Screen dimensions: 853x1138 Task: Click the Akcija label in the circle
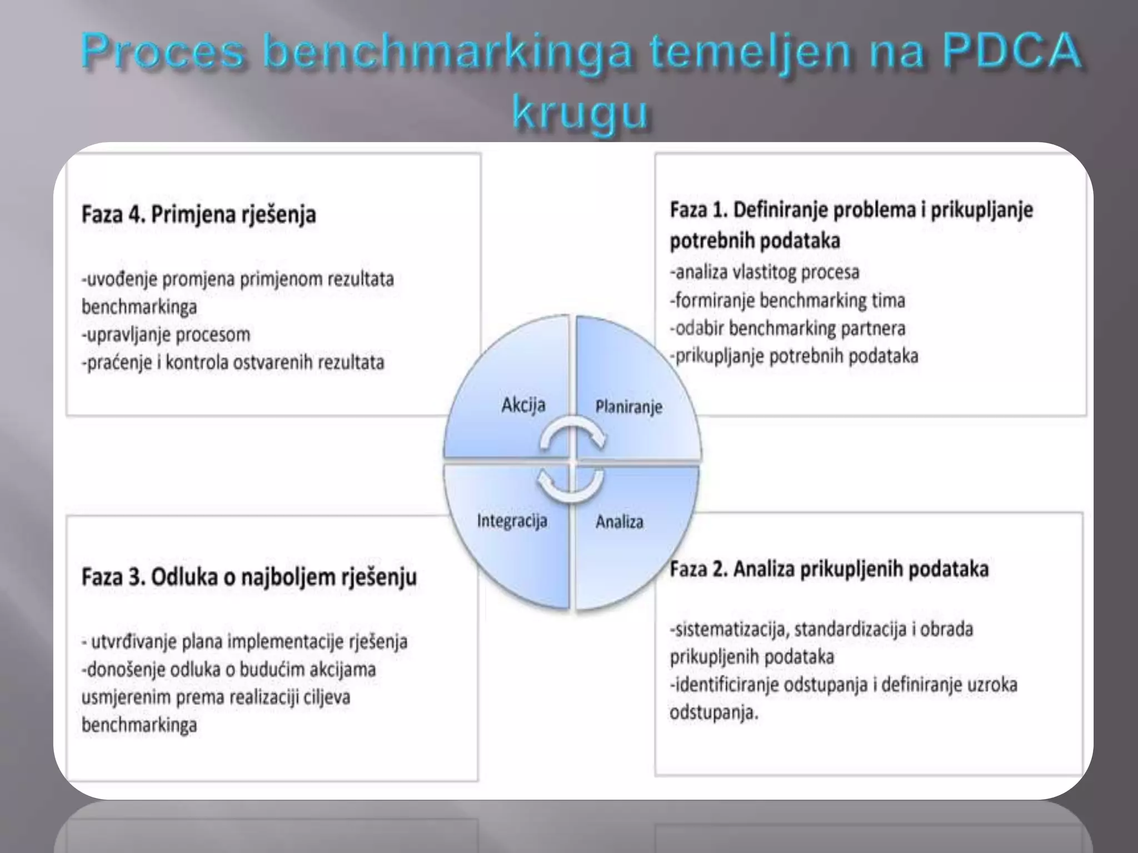(523, 405)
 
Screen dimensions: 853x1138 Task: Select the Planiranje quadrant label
(628, 407)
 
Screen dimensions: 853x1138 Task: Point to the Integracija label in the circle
(512, 521)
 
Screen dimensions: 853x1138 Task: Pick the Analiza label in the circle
(619, 522)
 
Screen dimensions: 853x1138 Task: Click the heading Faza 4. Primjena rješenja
(198, 214)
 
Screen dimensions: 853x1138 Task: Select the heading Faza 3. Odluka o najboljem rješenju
(249, 576)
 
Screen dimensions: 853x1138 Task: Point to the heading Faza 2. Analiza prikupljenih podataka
(828, 569)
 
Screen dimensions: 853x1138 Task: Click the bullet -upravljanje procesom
(166, 335)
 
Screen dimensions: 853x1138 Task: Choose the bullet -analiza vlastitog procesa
(764, 272)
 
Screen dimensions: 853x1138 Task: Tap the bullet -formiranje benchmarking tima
(787, 300)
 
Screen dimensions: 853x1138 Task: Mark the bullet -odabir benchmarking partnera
(787, 328)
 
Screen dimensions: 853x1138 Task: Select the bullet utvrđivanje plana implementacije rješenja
(244, 641)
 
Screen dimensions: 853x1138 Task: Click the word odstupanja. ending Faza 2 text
(714, 712)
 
